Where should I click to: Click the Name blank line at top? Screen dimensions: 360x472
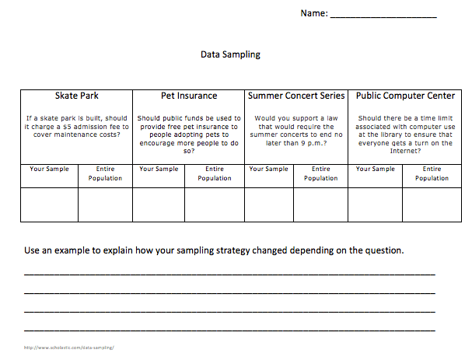click(x=383, y=16)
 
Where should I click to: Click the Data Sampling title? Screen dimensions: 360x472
click(x=230, y=55)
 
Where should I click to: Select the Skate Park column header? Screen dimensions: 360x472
click(x=77, y=96)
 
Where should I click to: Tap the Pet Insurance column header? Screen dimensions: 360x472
click(x=189, y=96)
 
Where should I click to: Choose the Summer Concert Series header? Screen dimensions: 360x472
click(x=296, y=96)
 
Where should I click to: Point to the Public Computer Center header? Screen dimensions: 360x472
click(x=405, y=96)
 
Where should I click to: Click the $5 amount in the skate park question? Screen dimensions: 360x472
click(x=70, y=127)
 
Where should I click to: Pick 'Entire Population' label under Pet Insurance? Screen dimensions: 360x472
click(x=215, y=173)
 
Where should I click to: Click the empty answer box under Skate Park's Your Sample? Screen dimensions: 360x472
click(x=50, y=204)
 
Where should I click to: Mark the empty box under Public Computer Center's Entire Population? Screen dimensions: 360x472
click(x=432, y=204)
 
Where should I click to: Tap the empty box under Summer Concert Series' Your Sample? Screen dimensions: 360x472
click(x=269, y=204)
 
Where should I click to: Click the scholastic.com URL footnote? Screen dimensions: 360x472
click(x=69, y=348)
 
